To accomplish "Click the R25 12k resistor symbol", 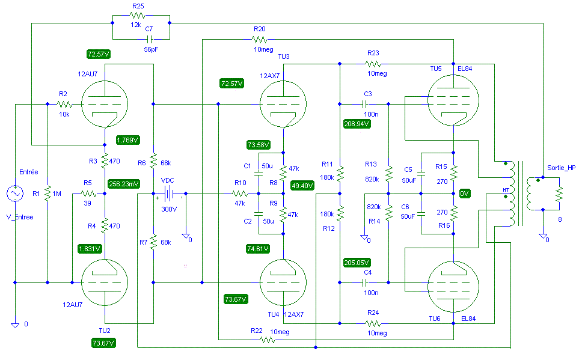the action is [137, 15].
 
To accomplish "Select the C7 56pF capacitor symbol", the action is [149, 39].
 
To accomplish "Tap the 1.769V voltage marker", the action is [127, 140].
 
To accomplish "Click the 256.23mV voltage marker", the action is [124, 184].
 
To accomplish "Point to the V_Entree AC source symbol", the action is [15, 194].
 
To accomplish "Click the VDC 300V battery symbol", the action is [169, 194].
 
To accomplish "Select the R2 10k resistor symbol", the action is [64, 105].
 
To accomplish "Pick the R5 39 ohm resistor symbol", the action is [88, 194].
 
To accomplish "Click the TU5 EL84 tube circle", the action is [453, 100].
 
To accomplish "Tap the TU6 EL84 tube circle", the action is [453, 286].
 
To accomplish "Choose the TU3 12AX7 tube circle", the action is [283, 104].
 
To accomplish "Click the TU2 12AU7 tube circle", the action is [105, 282].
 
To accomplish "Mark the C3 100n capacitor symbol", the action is [365, 104].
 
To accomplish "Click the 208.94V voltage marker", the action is [357, 124].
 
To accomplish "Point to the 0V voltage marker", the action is [465, 194].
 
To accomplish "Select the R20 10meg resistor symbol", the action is [260, 39].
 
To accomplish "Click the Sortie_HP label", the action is [562, 168].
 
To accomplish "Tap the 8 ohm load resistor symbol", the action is [559, 194].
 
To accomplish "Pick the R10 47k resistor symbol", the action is [240, 194].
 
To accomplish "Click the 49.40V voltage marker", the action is [302, 186].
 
